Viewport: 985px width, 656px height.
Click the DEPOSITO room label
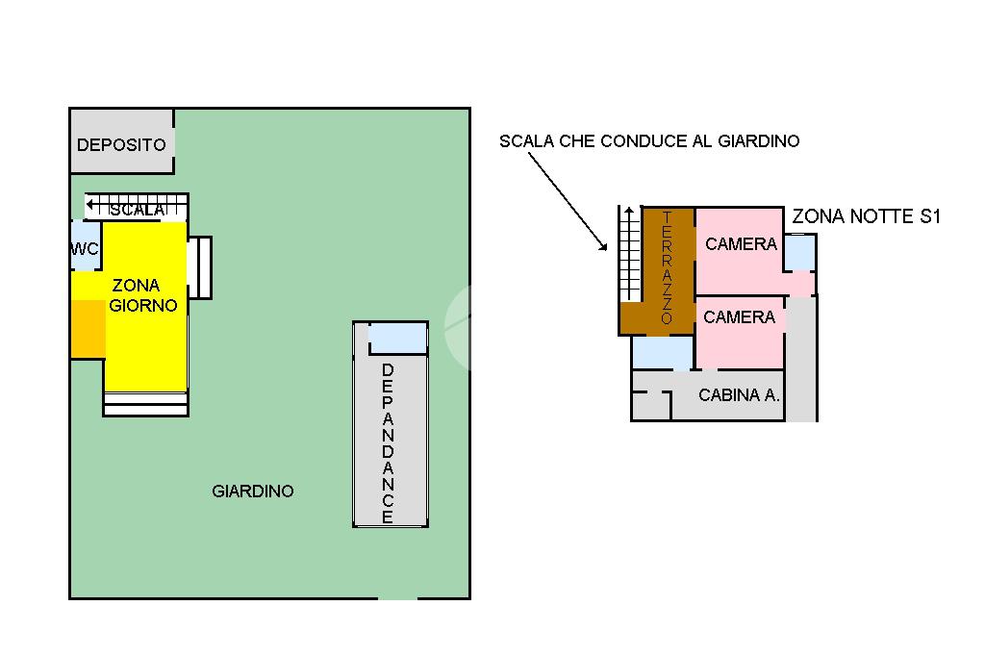click(121, 145)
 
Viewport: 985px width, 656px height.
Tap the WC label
click(85, 249)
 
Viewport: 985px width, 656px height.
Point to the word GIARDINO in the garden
click(252, 492)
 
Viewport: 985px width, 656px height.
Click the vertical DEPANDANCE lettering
click(388, 443)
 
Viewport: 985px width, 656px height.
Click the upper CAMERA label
click(741, 244)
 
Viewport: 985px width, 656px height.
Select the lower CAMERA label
click(739, 317)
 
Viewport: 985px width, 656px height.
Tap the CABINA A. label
click(739, 395)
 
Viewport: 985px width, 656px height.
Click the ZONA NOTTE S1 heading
click(865, 217)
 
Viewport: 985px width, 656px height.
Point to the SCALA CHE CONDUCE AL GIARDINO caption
click(649, 141)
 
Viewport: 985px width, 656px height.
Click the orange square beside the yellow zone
click(88, 328)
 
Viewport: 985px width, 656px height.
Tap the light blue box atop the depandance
click(398, 339)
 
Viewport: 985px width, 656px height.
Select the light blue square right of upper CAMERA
click(799, 252)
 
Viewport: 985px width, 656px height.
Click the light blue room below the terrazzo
click(662, 353)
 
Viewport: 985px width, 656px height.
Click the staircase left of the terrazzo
click(629, 255)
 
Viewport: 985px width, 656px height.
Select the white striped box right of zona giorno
click(200, 266)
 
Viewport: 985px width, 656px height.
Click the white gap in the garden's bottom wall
click(397, 598)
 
